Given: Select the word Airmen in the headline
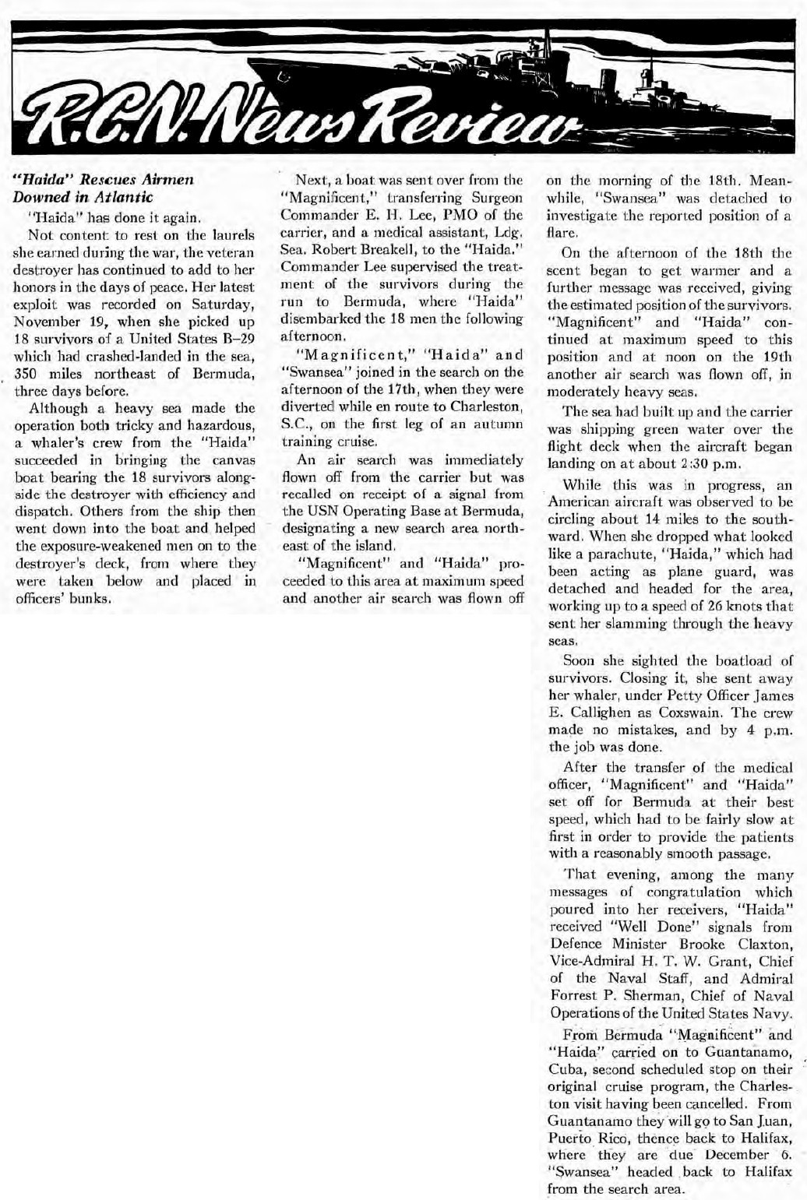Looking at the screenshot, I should click(x=169, y=181).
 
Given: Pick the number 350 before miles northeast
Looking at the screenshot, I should click(x=28, y=373).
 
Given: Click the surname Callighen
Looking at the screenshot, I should click(x=583, y=713).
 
